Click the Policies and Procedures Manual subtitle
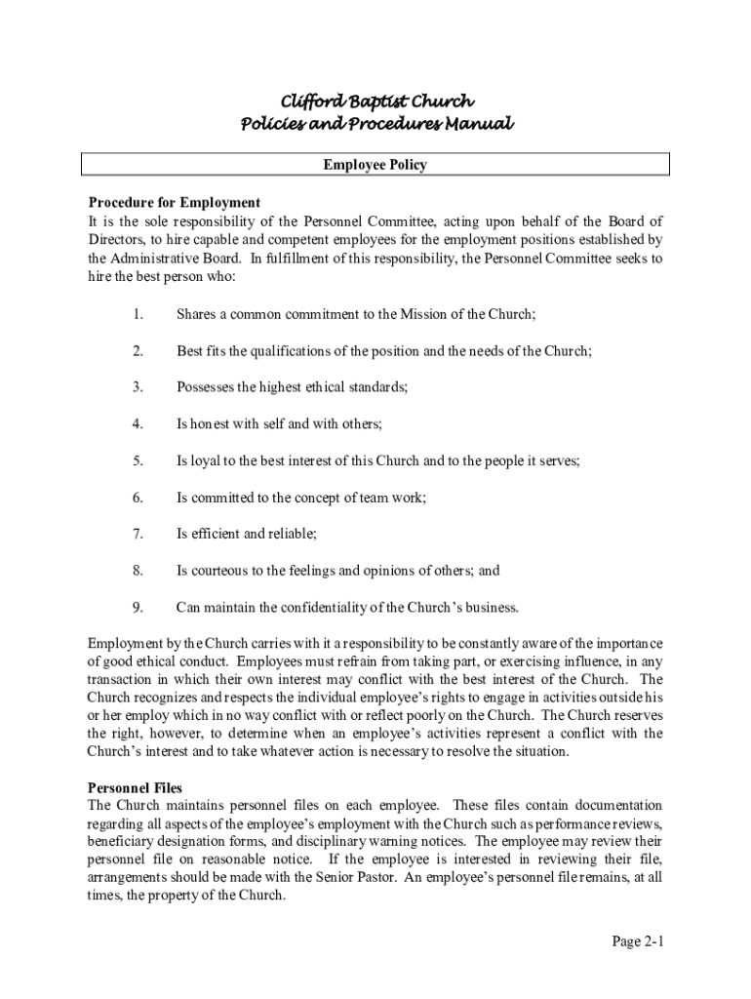(375, 124)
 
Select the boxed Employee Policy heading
(375, 165)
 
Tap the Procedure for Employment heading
(175, 203)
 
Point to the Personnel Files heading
(135, 787)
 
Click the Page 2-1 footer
(638, 941)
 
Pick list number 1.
(138, 314)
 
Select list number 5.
(138, 460)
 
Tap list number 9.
(138, 607)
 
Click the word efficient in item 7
(215, 534)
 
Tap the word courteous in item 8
(220, 571)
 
